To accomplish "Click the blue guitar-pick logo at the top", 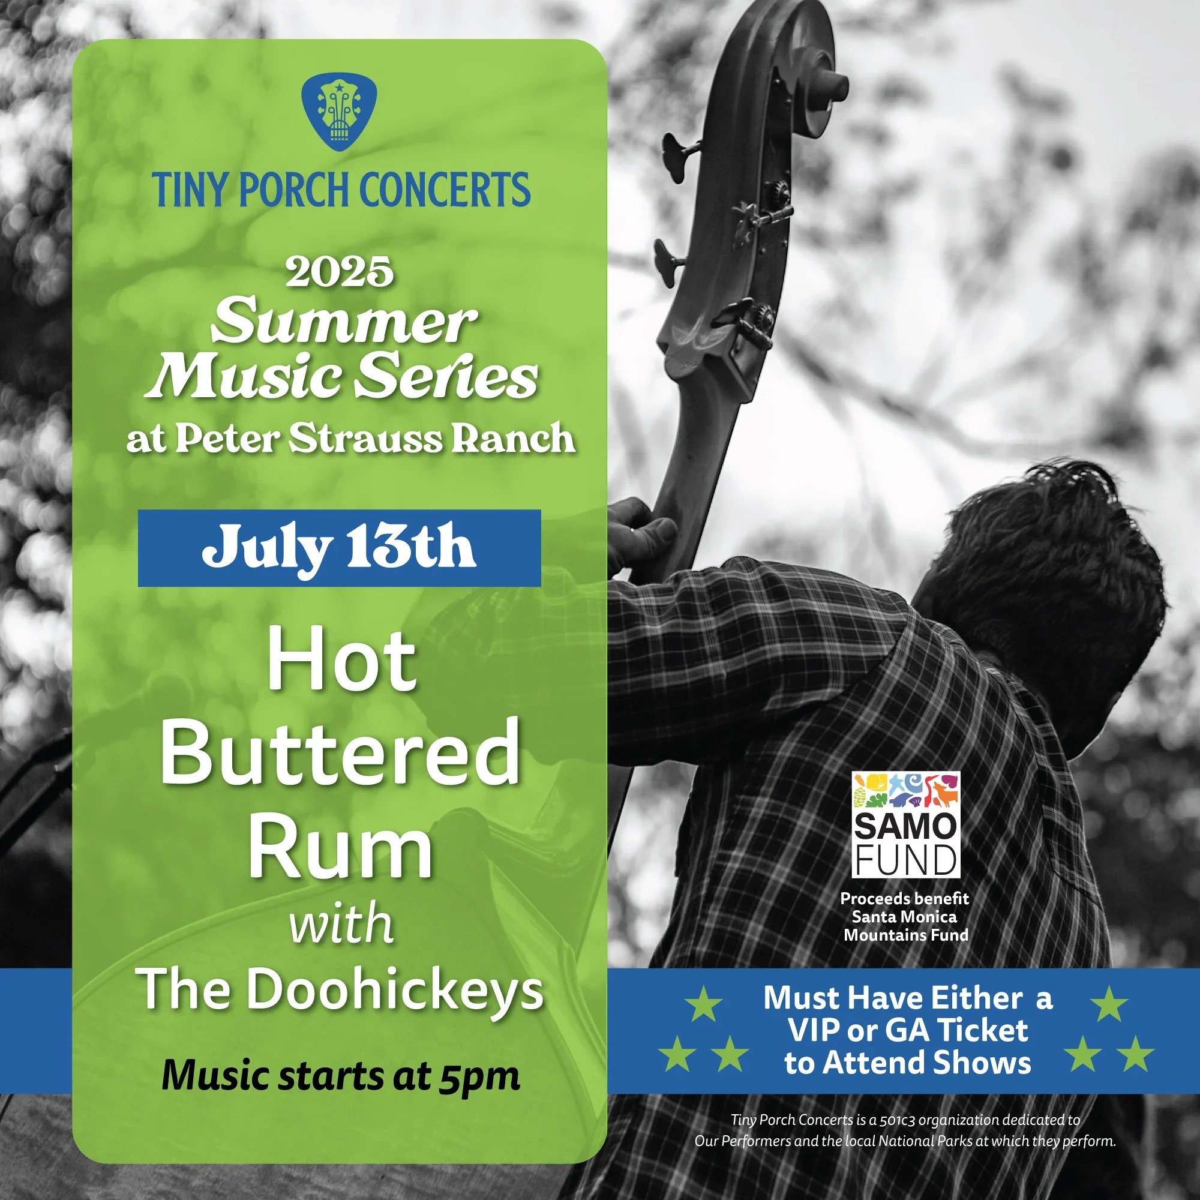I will coord(339,111).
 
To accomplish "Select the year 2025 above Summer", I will coord(339,272).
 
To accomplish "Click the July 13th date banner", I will coord(339,548).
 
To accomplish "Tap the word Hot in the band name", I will coord(341,663).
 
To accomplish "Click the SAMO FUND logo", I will coord(905,824).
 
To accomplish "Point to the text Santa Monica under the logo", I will coord(904,916).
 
